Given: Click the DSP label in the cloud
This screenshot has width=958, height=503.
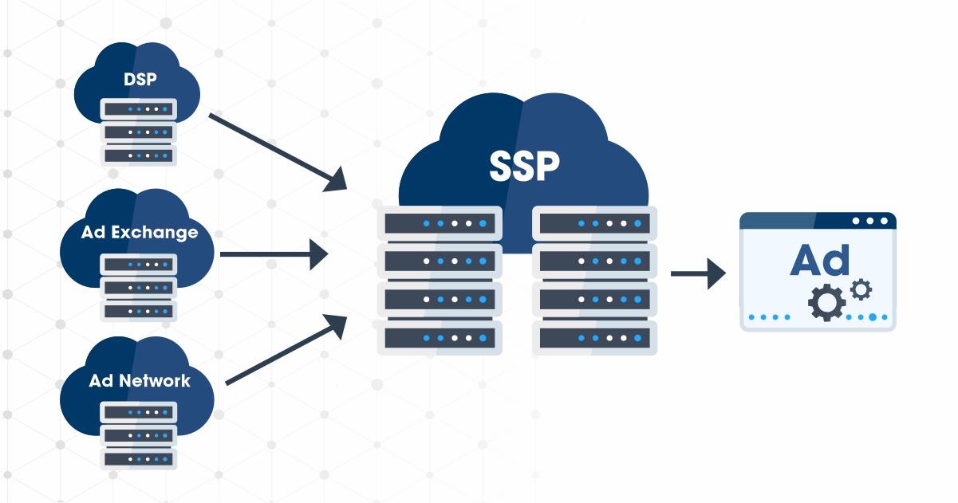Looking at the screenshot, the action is coord(140,79).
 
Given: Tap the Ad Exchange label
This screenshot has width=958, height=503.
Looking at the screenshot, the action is coord(140,232).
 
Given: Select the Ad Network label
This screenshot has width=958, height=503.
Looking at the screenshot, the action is coord(140,380).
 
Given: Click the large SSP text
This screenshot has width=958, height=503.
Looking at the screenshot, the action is coord(524,166).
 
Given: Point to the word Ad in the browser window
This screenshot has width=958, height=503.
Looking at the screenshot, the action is coord(819,260).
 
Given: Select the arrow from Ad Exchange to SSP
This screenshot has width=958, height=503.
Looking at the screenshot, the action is coord(274,254).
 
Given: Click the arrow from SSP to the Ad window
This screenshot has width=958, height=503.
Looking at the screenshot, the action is coord(699,273).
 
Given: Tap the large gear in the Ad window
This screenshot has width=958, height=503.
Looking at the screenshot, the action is coord(826,303).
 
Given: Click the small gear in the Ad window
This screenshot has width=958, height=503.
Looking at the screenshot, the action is coord(861,289).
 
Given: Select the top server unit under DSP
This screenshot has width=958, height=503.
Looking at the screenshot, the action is coord(139,109).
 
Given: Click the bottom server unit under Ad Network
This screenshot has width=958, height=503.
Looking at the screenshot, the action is coord(139,459).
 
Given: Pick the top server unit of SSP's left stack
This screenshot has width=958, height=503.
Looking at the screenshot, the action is coord(440,223).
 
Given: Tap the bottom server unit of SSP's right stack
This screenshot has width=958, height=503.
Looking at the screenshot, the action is coord(594,338).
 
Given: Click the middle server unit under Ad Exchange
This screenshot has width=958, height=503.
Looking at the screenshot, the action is coord(139,288).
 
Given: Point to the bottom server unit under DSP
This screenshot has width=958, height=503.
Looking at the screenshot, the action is coord(139,155).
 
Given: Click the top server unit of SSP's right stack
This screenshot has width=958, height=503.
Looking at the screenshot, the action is coord(594,223).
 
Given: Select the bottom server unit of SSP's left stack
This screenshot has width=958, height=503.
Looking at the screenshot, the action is coord(440,338).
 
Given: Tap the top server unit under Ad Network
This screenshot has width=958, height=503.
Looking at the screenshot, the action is coord(139,412).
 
